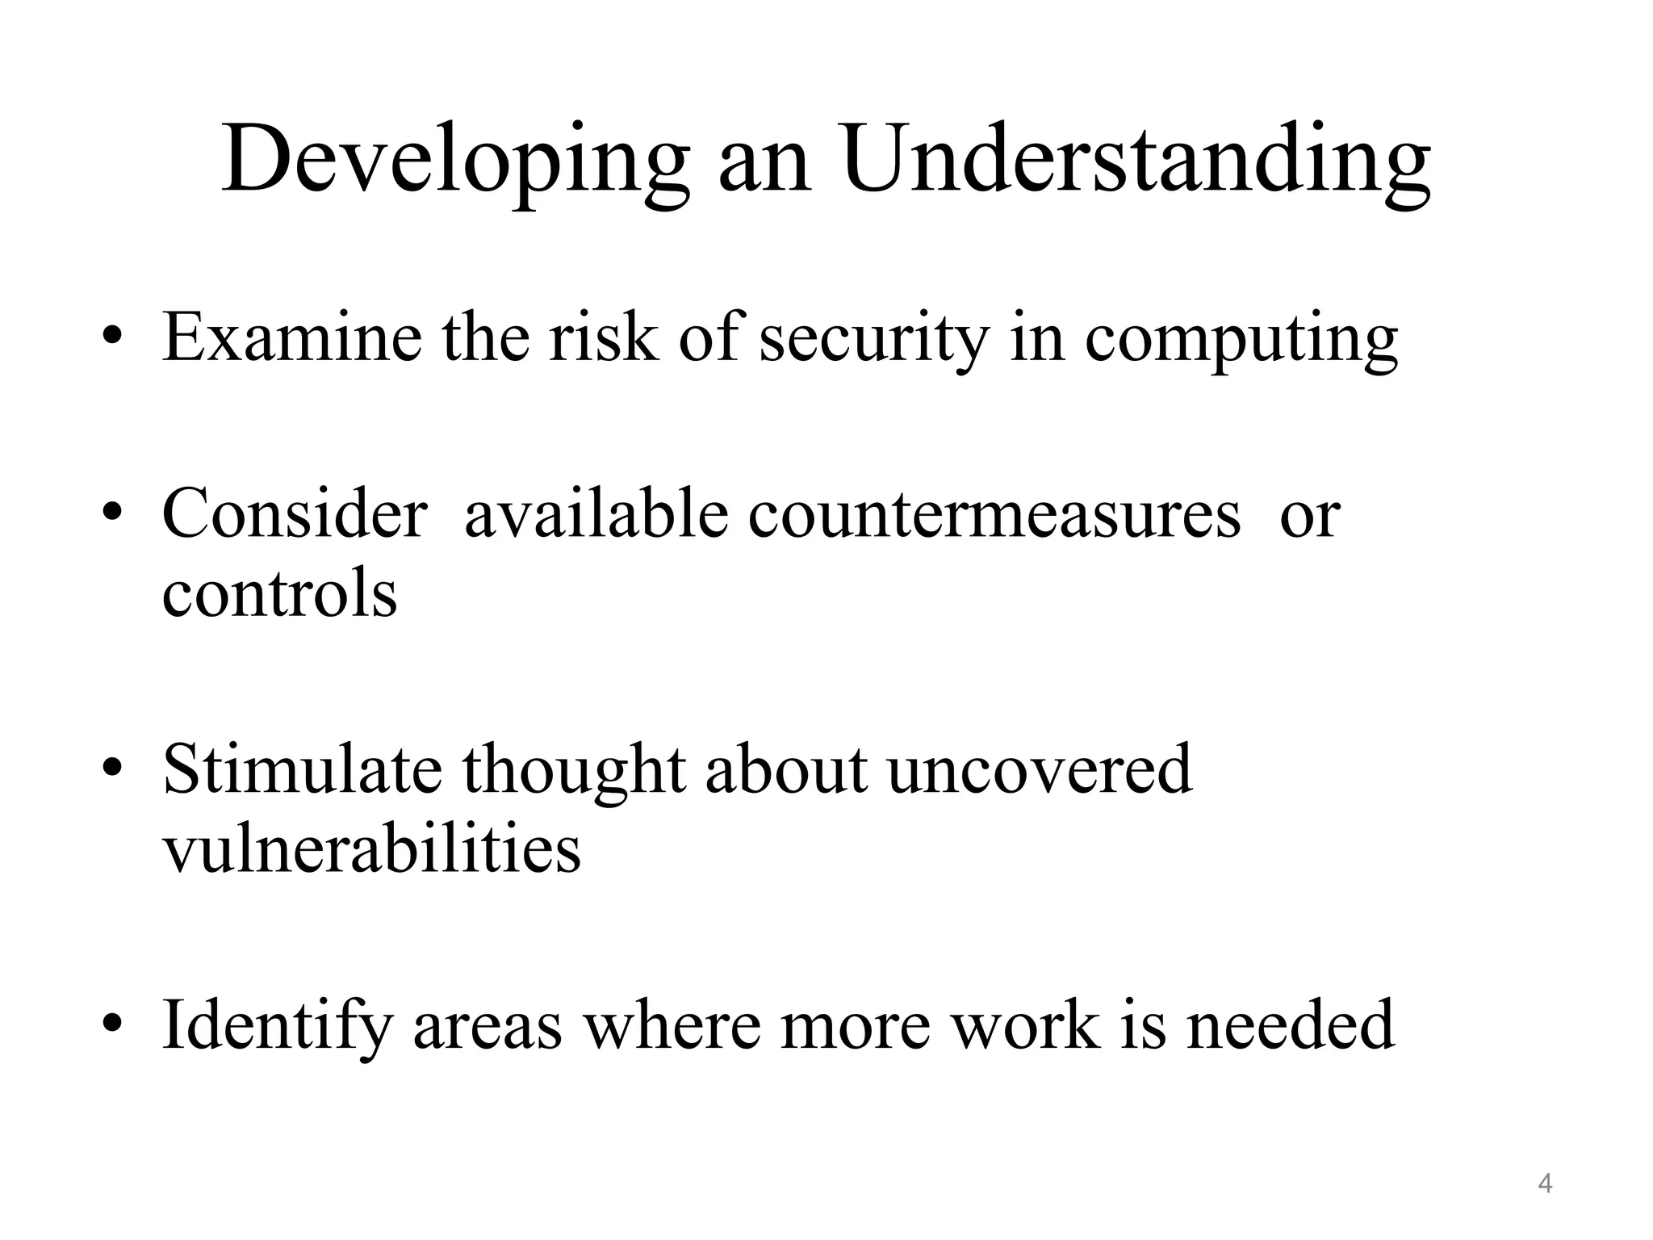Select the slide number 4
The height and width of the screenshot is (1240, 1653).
1545,1183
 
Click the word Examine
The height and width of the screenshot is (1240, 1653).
291,337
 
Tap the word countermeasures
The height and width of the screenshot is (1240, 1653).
994,514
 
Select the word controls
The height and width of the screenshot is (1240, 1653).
279,593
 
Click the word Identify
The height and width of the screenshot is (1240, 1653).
276,1026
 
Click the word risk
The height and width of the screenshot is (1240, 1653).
603,337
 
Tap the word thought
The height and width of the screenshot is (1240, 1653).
574,770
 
